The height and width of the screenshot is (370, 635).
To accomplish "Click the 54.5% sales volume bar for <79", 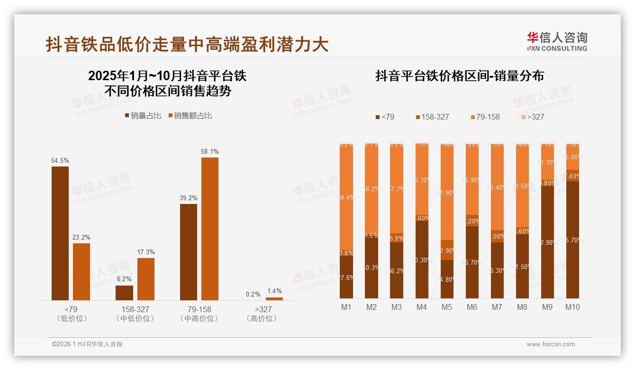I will [x=60, y=233].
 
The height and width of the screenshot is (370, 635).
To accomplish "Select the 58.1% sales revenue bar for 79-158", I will [x=210, y=229].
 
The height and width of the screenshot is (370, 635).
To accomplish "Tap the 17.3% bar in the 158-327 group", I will [x=145, y=279].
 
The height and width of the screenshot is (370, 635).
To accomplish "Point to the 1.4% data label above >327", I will [x=274, y=291].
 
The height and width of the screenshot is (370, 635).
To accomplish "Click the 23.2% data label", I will [x=82, y=237].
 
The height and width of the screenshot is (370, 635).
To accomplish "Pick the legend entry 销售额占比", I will [x=190, y=116].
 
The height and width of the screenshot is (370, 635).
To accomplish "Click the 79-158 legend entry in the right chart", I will [x=485, y=117].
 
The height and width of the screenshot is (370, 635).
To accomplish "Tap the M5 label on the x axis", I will [x=447, y=307].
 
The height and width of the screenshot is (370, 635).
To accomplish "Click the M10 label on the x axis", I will [x=572, y=307].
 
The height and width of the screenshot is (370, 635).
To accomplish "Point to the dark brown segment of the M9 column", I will [x=547, y=242].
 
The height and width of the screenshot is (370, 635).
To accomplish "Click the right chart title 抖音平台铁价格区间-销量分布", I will [x=460, y=76].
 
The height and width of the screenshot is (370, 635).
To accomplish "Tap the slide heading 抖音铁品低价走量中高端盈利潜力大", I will [x=187, y=45].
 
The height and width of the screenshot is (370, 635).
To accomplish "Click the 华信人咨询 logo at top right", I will [x=557, y=41].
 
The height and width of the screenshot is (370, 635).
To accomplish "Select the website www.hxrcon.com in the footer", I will [x=551, y=344].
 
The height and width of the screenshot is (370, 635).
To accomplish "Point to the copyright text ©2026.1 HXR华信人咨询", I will [x=87, y=344].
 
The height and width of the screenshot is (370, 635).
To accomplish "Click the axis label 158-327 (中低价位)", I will [x=135, y=314].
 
